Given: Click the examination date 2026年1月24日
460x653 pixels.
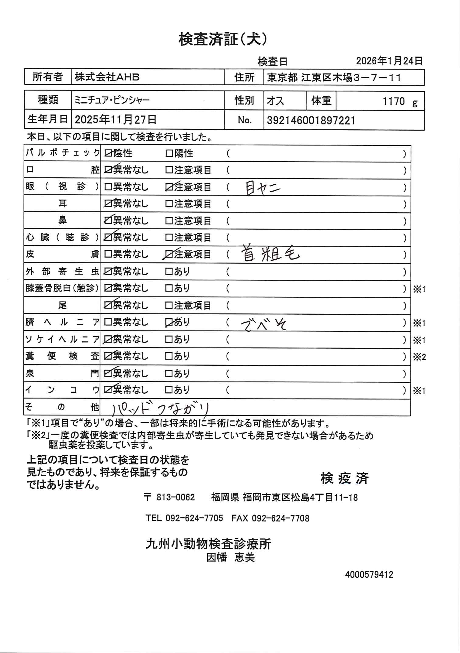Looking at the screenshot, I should click(389, 61).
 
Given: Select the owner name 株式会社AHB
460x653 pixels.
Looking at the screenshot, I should click(107, 77).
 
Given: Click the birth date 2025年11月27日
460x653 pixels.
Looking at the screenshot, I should click(116, 120).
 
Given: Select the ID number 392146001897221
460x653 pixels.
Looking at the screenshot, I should click(311, 121).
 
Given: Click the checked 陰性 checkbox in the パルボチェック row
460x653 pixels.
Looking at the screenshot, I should click(108, 153).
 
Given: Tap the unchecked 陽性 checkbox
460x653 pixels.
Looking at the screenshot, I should click(169, 153).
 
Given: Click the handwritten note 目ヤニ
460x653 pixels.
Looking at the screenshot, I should click(262, 189).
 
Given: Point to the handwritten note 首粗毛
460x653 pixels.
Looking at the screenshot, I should click(270, 254).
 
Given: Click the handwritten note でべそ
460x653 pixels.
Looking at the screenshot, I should click(263, 324).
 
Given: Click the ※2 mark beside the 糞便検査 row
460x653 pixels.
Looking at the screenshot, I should click(419, 357).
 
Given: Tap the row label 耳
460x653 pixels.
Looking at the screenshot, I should click(62, 203).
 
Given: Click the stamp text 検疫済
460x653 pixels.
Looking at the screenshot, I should click(345, 478).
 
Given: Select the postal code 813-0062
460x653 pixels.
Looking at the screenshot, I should click(175, 497).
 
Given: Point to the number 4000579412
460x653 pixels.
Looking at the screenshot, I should click(369, 575).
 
